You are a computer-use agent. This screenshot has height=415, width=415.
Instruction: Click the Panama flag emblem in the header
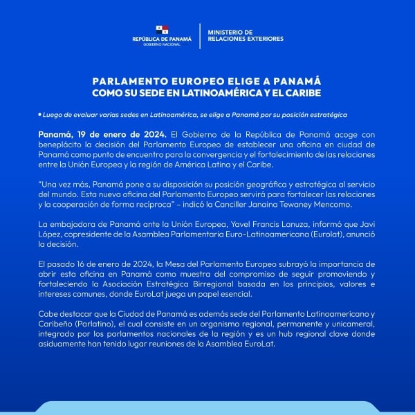pos(162,30)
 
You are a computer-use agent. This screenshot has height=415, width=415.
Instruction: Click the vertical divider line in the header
pos(199,35)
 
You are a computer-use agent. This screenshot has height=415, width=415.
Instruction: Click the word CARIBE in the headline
pos(302,92)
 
